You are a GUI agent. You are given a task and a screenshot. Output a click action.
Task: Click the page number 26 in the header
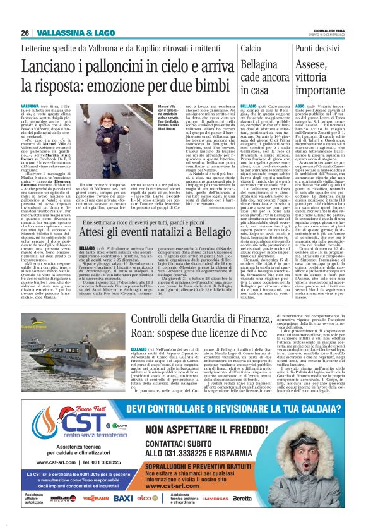[x=25, y=33]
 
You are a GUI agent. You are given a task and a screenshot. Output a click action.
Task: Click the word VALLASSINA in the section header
[x=54, y=33]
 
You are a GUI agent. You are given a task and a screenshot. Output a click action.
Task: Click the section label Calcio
[x=250, y=48]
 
